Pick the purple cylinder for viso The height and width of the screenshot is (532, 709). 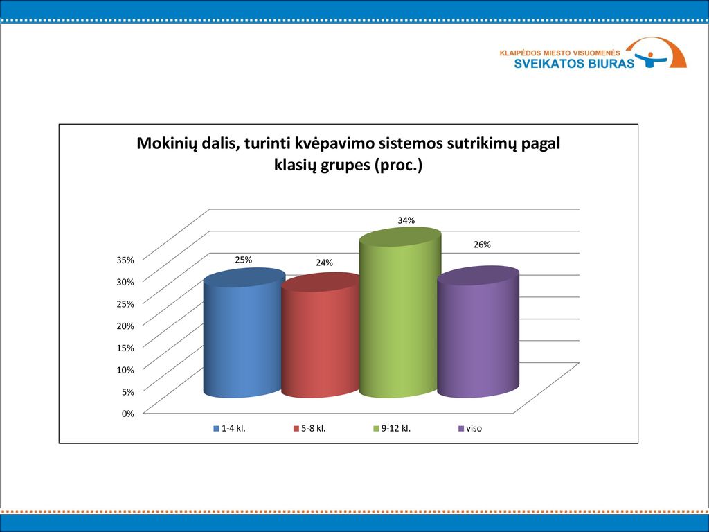tap(478, 332)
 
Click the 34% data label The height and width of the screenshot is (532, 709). tap(406, 220)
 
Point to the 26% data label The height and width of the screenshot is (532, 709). tap(482, 245)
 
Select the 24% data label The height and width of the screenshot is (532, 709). tap(324, 263)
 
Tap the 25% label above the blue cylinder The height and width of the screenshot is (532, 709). tap(243, 260)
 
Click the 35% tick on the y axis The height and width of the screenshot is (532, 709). tap(125, 260)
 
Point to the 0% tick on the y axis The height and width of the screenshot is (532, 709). tap(128, 414)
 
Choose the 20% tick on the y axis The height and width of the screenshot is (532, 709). tap(125, 326)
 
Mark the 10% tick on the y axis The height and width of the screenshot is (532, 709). tap(125, 370)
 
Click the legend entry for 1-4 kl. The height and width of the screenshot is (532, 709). tap(229, 428)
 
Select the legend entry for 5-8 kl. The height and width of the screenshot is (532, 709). tap(309, 428)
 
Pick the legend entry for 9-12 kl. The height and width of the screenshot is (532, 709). tap(392, 428)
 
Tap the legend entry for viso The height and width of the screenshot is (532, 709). tap(470, 428)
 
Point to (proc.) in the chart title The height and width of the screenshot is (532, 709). tap(398, 165)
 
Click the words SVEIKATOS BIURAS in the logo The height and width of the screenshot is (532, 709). tap(574, 63)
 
